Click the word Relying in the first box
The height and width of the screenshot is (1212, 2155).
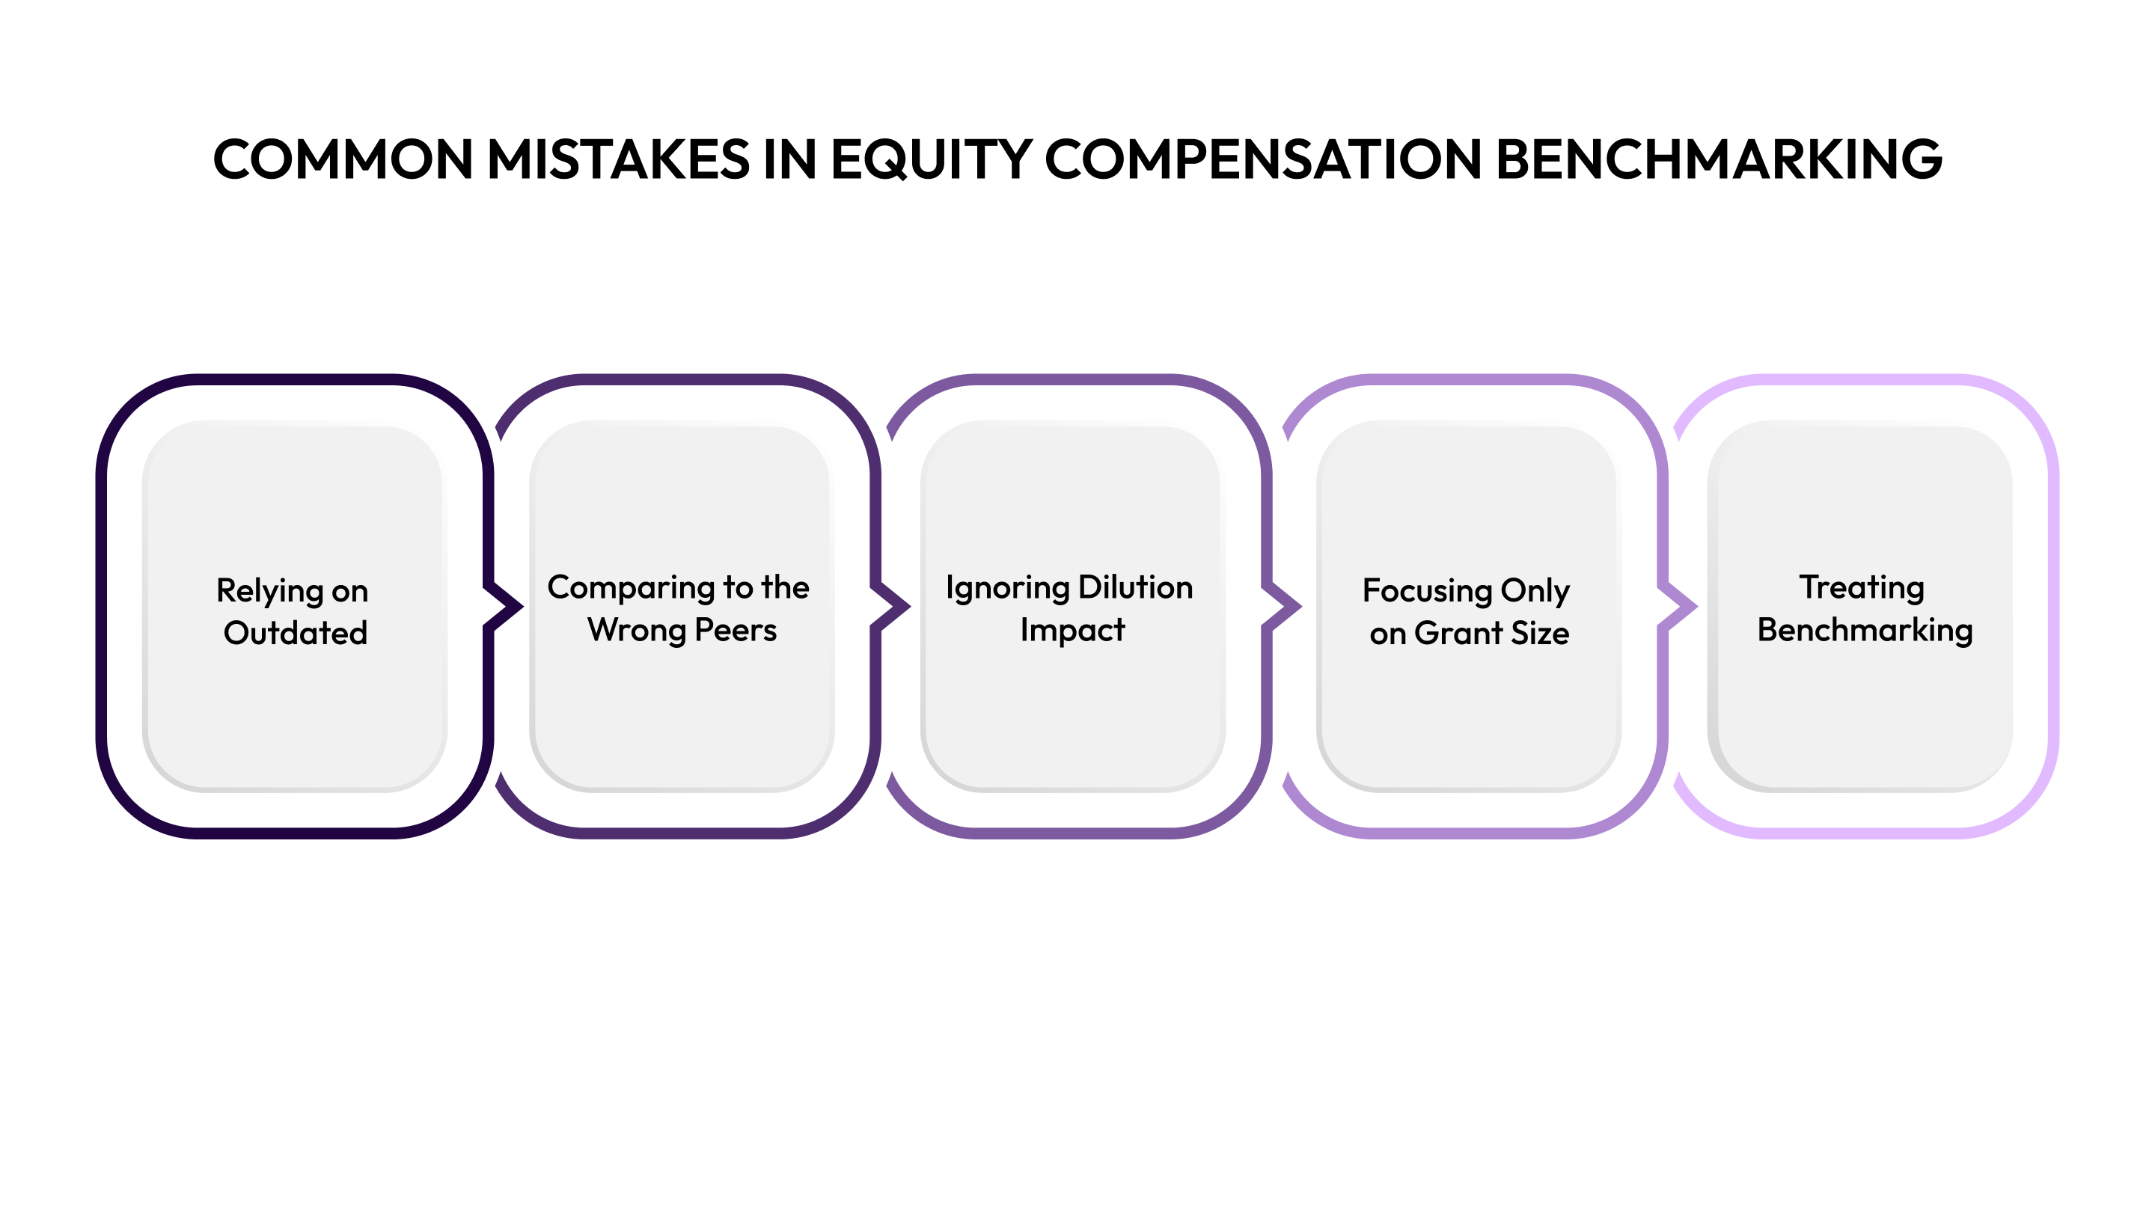(269, 591)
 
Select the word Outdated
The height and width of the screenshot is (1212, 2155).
(296, 633)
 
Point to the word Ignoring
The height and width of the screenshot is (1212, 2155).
(1006, 589)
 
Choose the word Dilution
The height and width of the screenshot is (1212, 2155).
(1135, 588)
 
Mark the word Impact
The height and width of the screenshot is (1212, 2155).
(1072, 631)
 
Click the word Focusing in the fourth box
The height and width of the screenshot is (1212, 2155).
(1427, 591)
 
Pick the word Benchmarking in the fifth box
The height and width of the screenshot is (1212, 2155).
(1865, 631)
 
